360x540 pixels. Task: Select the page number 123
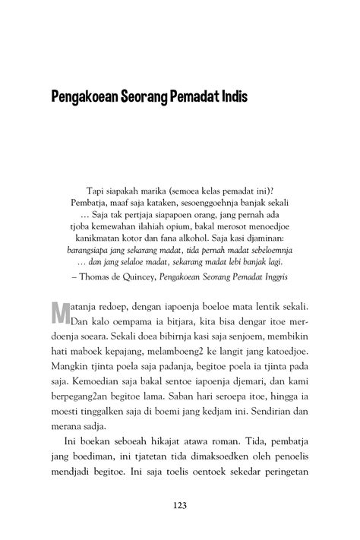pos(180,507)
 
